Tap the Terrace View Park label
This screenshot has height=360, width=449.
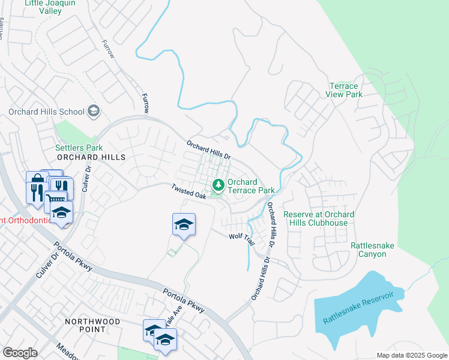pos(345,90)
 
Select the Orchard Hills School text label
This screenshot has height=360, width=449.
pos(46,112)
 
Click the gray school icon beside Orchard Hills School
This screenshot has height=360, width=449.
pos(93,110)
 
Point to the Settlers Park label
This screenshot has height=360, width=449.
pos(79,148)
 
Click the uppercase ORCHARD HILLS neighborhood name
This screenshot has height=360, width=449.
pos(91,157)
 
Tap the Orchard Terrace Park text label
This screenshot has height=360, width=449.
pos(250,186)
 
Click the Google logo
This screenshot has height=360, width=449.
pos(20,353)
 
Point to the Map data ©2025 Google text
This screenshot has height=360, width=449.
pos(411,355)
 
